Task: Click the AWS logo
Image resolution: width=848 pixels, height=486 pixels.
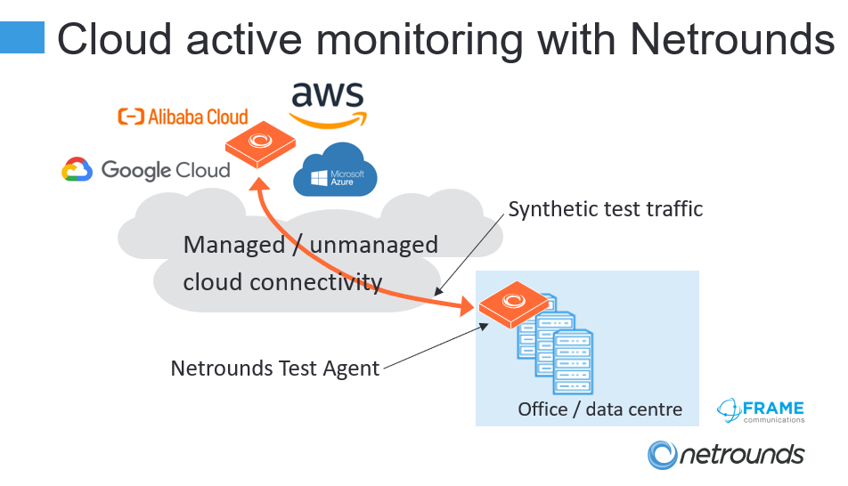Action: tap(328, 102)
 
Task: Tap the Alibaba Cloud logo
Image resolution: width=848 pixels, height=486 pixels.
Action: tap(183, 117)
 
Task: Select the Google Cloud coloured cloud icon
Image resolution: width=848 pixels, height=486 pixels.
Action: tap(77, 169)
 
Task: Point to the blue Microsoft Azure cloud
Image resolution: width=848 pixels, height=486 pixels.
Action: tap(335, 169)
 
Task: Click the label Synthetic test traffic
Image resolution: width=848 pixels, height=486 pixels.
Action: tap(606, 209)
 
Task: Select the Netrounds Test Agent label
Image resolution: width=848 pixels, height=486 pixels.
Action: tap(275, 368)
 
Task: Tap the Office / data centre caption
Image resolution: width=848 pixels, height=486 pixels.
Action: tap(600, 409)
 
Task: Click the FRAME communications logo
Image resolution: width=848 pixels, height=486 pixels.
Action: tap(761, 410)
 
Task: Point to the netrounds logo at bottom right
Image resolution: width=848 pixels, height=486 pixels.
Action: tap(726, 455)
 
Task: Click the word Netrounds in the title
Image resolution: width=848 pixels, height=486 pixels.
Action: tap(731, 39)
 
